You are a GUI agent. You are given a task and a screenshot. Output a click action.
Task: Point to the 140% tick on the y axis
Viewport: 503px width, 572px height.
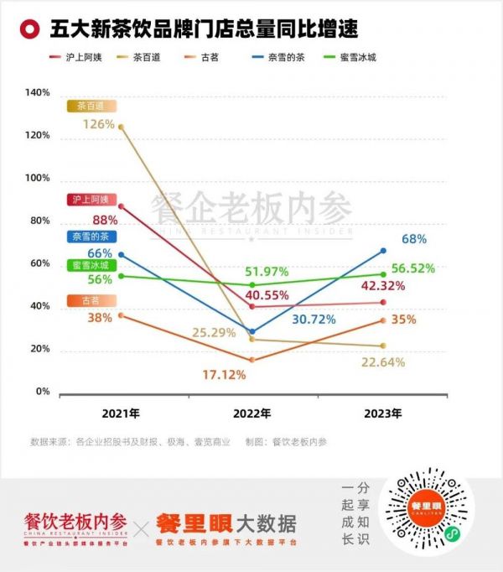pyautogui.click(x=38, y=92)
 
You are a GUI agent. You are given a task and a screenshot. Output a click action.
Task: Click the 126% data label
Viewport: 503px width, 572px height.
pyautogui.click(x=99, y=124)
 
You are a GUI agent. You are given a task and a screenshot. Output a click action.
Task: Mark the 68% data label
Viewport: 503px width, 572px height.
pyautogui.click(x=414, y=239)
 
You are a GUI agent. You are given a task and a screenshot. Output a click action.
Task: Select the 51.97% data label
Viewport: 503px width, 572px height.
pyautogui.click(x=267, y=271)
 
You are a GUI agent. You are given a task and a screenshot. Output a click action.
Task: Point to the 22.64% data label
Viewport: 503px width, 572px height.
pyautogui.click(x=382, y=362)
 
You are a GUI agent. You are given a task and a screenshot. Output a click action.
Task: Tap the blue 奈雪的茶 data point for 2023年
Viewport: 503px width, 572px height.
pyautogui.click(x=383, y=250)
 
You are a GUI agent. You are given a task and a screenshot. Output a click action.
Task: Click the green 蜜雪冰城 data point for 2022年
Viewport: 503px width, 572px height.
pyautogui.click(x=253, y=285)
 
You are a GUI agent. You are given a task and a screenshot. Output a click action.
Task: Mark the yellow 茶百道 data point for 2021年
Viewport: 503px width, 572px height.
pyautogui.click(x=122, y=127)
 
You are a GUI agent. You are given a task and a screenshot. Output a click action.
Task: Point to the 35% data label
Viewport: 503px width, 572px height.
pyautogui.click(x=403, y=319)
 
